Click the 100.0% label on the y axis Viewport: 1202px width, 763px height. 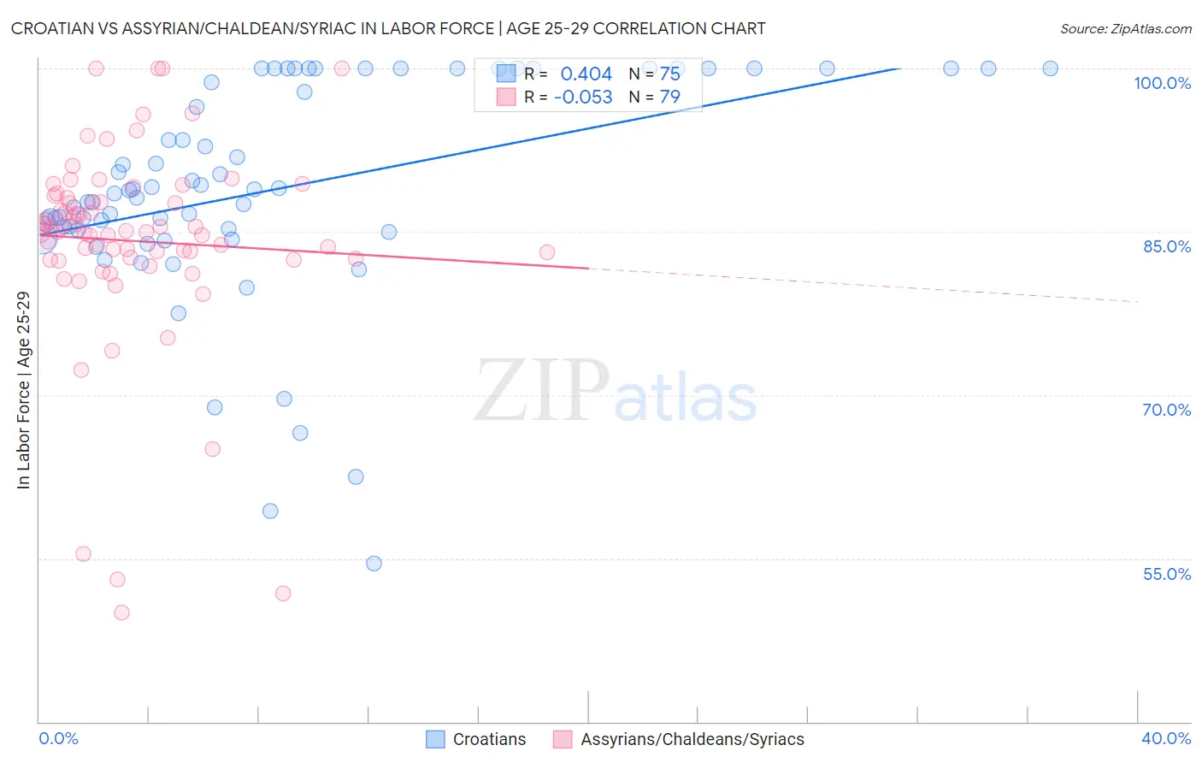coord(1162,83)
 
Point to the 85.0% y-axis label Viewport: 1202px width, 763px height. coord(1166,246)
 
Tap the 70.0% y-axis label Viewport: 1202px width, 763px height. coord(1166,410)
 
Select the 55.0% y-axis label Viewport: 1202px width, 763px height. coord(1166,574)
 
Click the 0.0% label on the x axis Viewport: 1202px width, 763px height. coord(58,738)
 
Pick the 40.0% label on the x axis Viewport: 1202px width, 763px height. coord(1166,738)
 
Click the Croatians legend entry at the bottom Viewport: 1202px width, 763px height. coord(488,740)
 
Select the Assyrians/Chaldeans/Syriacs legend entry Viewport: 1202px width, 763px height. coord(692,740)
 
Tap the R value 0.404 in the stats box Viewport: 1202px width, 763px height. coord(586,74)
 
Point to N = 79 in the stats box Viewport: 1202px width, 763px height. coord(655,98)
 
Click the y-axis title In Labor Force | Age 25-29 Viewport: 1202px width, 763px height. coord(23,390)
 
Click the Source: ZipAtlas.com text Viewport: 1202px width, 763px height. coord(1125,29)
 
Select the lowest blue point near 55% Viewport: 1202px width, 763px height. coord(374,564)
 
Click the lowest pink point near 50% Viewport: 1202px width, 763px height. coord(121,612)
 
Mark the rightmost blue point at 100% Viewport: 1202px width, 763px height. coord(1050,68)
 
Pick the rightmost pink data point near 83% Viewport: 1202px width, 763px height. coord(547,252)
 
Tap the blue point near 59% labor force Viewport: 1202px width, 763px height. coord(270,512)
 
